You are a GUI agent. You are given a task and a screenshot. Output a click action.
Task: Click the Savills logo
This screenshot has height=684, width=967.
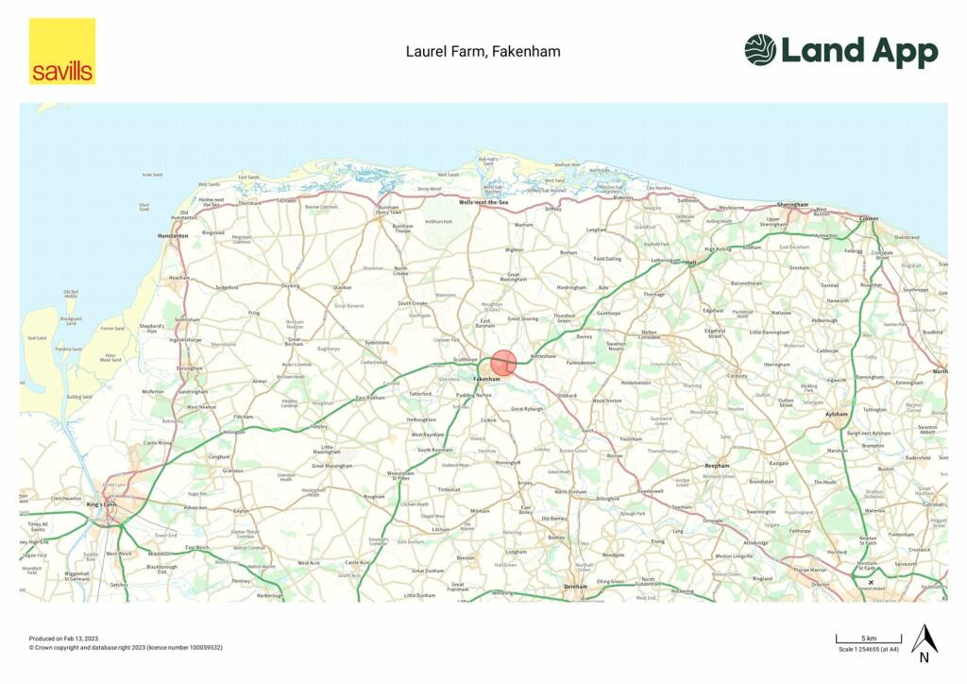point(61,51)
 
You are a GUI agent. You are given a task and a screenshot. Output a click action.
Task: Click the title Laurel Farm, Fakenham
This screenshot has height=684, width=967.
point(483,51)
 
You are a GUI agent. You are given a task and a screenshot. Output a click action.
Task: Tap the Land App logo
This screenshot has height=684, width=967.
point(840,51)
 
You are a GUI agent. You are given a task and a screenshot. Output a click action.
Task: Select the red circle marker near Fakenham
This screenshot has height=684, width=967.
point(504,363)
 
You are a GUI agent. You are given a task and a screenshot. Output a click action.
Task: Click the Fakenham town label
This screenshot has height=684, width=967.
point(486,379)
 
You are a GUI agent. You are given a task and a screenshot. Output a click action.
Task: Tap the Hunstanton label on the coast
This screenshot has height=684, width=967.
point(173,235)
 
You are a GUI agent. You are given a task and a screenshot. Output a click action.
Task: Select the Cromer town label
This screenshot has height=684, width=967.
point(868,218)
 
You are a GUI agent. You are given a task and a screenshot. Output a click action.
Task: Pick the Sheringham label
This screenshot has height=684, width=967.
point(792,204)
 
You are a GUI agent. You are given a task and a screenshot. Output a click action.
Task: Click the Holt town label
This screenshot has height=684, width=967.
point(690,264)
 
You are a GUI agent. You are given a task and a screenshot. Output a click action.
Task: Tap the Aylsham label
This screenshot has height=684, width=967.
point(838,415)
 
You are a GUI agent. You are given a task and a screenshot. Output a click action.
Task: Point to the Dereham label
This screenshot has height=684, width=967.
point(575,587)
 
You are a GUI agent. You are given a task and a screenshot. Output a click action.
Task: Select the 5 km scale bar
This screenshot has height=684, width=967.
point(868,640)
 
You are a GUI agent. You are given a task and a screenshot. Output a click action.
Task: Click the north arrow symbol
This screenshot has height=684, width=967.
point(923,642)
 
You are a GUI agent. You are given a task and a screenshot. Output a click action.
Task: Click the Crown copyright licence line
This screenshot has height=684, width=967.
point(126,648)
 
